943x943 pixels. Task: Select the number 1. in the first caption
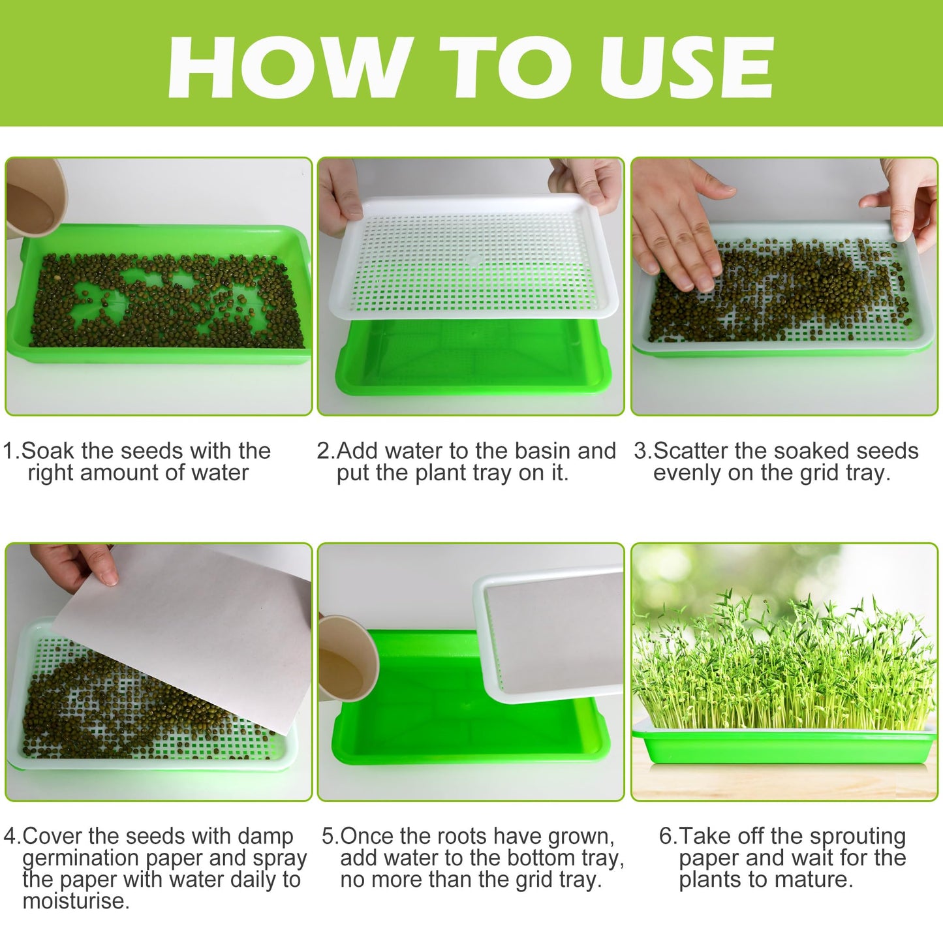click(x=11, y=451)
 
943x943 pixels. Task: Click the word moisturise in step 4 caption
click(x=75, y=901)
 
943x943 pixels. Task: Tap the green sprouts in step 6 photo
click(x=783, y=666)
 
